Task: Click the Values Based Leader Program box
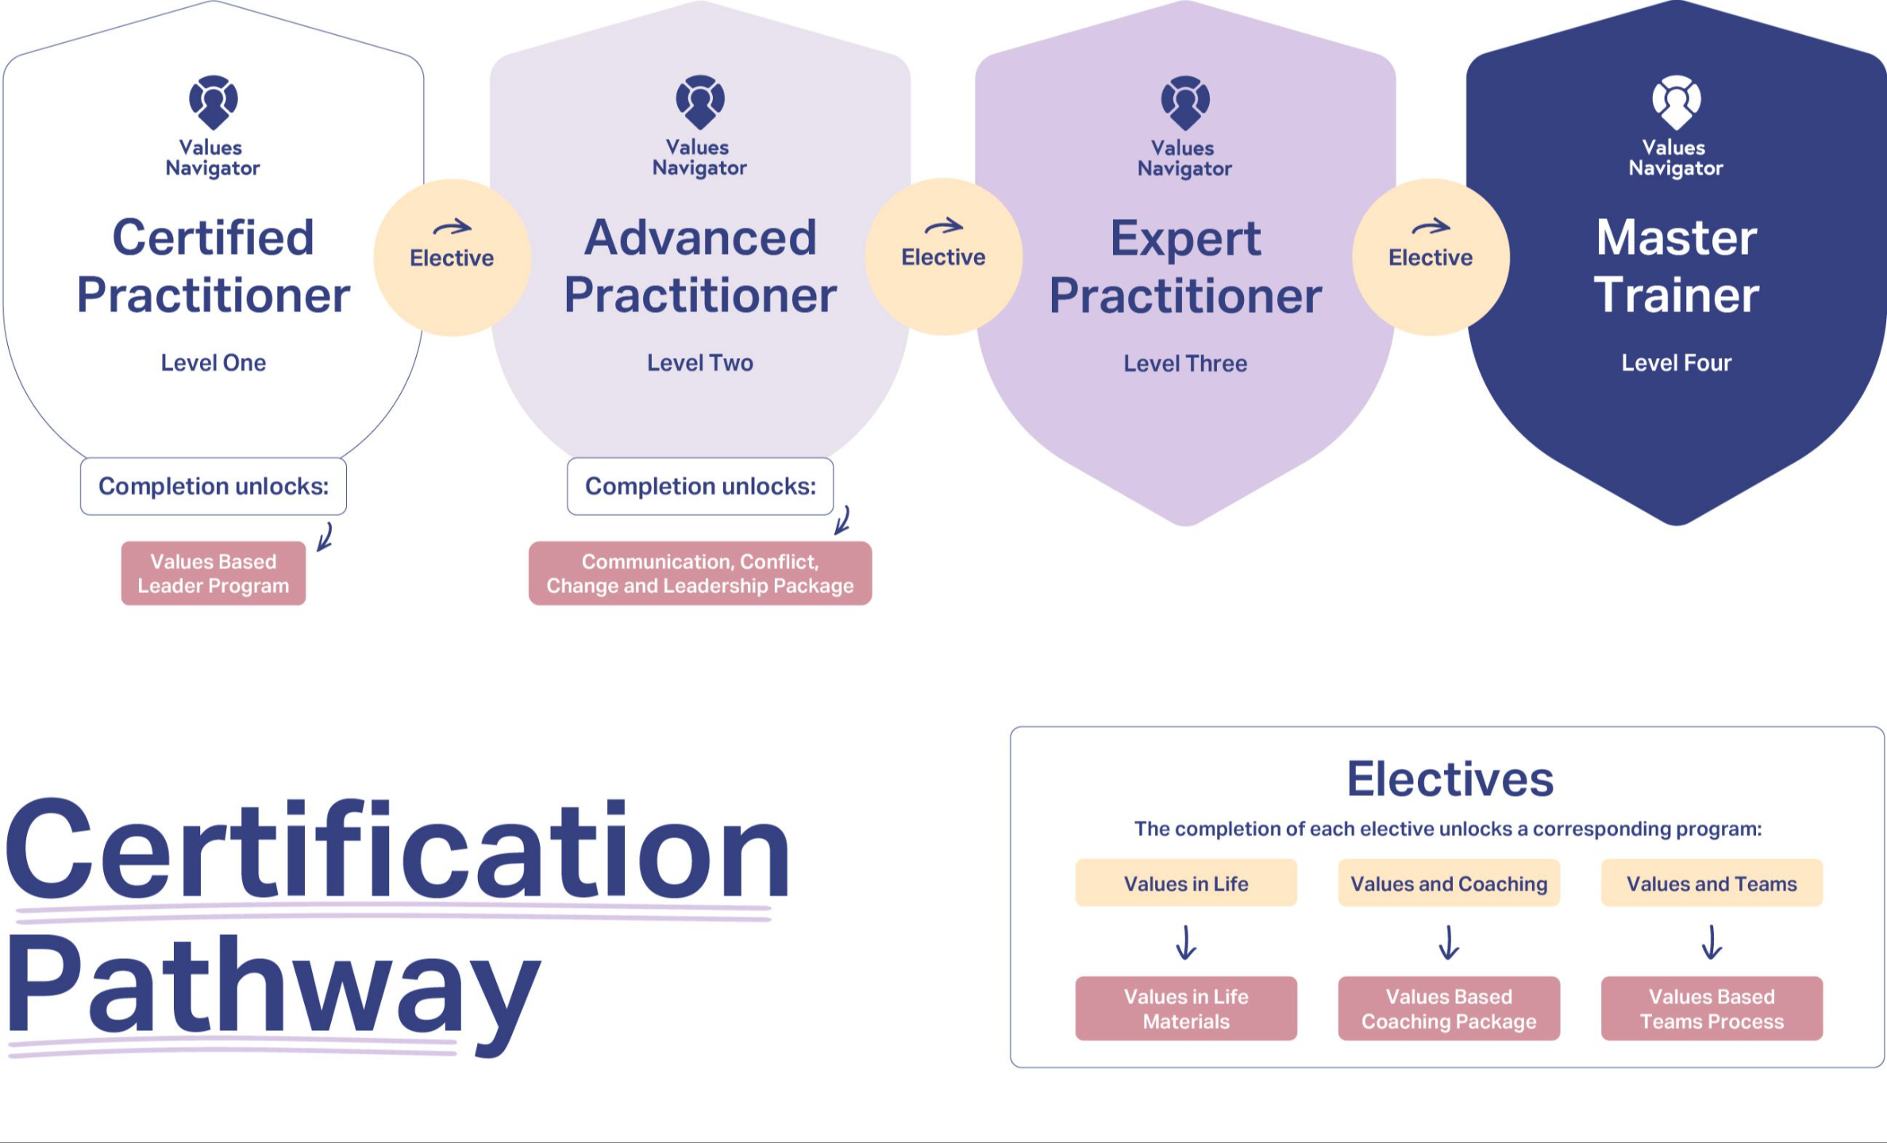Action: tap(213, 573)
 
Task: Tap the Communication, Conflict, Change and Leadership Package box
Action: tap(699, 573)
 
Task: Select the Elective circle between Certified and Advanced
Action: tap(452, 256)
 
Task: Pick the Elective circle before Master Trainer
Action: tap(1430, 256)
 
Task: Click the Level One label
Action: tap(213, 363)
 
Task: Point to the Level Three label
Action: tap(1184, 364)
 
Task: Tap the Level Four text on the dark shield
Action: tap(1676, 363)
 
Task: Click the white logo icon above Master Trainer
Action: tap(1676, 102)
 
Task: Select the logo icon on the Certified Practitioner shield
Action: tap(213, 102)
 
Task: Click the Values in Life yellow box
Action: tap(1185, 883)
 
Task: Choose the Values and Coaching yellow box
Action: tap(1448, 883)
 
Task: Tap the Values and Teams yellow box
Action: tap(1711, 883)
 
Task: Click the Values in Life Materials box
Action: tap(1185, 1008)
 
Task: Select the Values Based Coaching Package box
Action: tap(1448, 1008)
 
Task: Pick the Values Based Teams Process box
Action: tap(1711, 1008)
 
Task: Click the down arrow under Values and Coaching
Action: tap(1448, 942)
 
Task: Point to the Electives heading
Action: tap(1450, 779)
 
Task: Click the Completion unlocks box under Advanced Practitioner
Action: tap(699, 486)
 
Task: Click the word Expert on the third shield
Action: tap(1184, 238)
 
